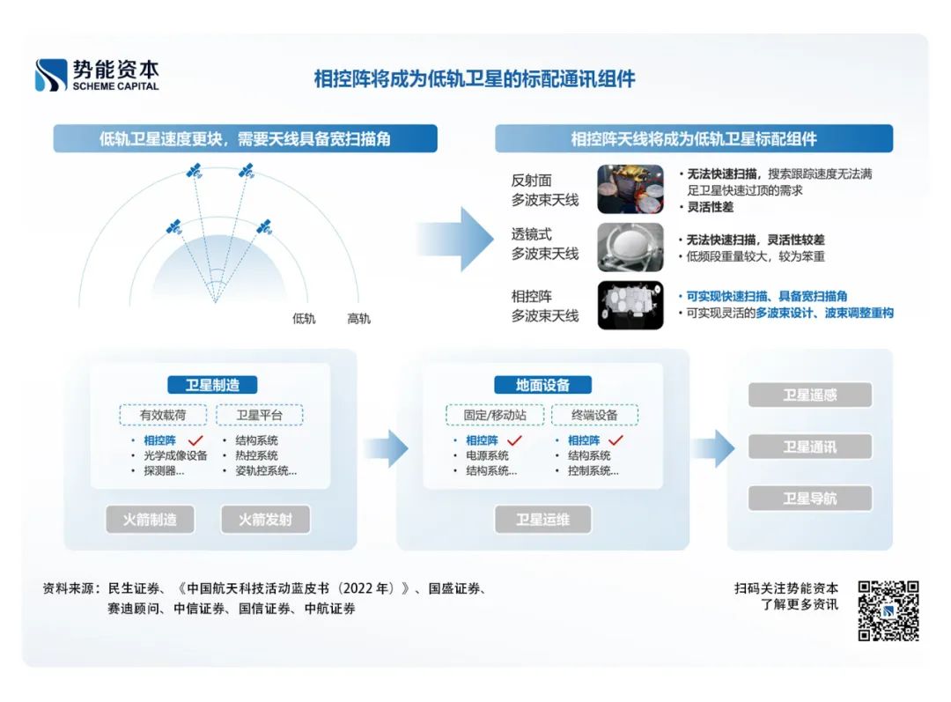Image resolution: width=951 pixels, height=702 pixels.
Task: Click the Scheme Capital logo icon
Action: point(51,75)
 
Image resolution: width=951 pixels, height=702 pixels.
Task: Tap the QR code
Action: point(888,610)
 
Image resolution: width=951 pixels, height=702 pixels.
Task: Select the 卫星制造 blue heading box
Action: point(212,385)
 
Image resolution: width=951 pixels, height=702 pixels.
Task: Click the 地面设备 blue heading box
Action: point(542,385)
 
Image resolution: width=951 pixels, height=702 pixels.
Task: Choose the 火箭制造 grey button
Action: point(150,520)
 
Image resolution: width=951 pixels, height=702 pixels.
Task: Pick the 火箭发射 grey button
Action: point(265,520)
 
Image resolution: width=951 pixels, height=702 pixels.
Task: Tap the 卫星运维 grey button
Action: point(542,520)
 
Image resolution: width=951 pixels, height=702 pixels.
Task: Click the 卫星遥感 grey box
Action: point(809,395)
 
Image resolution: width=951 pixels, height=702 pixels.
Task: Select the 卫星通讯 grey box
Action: point(809,447)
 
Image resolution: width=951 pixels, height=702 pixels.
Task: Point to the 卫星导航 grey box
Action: point(809,499)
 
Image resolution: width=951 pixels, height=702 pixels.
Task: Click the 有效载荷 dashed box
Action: point(164,415)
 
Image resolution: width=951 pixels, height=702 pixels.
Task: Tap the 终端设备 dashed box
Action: point(594,415)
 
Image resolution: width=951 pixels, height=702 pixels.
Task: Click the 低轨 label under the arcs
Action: point(304,319)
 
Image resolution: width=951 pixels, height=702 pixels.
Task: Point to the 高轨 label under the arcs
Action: point(358,319)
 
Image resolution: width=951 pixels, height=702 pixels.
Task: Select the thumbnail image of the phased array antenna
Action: point(630,305)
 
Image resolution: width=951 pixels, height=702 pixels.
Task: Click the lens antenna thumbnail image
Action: point(630,248)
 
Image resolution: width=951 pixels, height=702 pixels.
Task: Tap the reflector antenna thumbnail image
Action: point(630,188)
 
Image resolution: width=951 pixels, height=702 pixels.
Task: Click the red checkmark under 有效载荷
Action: point(195,440)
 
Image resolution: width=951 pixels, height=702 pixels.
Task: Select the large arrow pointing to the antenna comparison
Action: point(454,239)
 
